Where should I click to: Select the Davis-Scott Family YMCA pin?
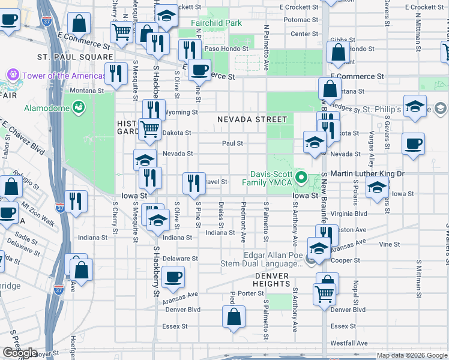303,178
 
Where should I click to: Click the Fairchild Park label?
216,23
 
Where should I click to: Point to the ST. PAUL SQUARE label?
67,57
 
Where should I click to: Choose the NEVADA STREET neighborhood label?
248,119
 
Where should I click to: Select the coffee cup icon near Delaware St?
173,277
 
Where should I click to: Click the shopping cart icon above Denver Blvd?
324,294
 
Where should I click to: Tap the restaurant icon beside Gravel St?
193,182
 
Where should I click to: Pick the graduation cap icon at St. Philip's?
415,106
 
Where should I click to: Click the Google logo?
19,353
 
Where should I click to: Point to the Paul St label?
232,143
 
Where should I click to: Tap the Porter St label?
247,293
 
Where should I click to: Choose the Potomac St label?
301,20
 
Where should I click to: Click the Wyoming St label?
182,112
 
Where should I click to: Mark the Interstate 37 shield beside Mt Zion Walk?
59,208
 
